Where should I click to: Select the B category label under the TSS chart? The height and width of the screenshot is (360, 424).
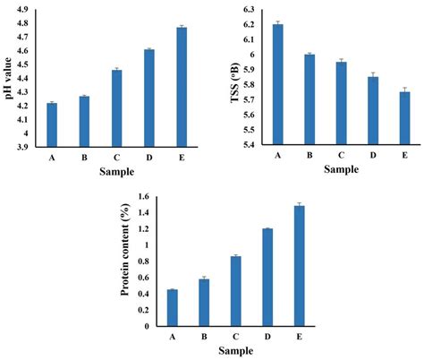coord(310,155)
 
